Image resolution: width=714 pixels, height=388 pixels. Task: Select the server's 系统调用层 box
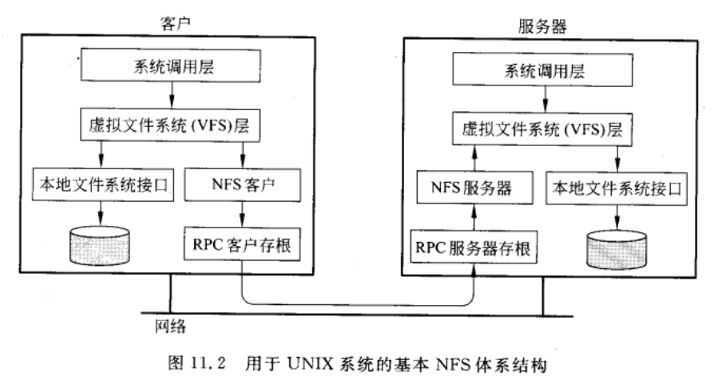pos(542,70)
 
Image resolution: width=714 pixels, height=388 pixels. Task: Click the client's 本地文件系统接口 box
pos(98,185)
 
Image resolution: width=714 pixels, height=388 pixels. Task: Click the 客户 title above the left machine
pos(163,16)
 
